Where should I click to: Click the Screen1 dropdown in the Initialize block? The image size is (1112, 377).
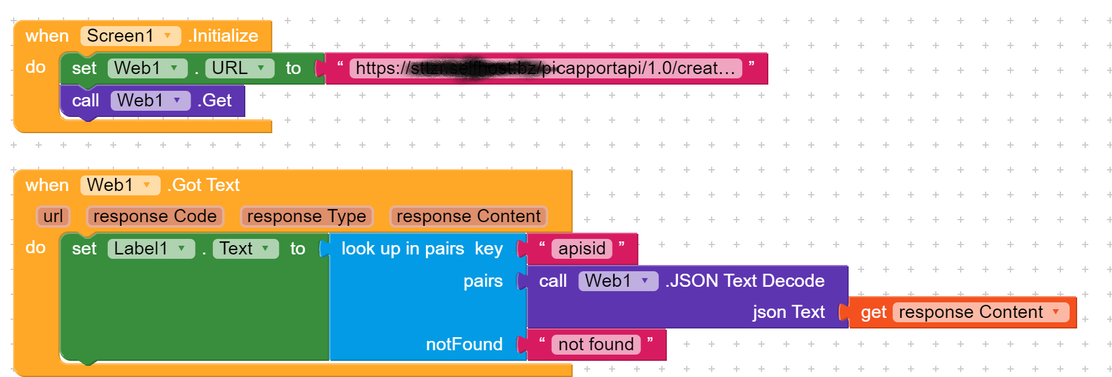[x=130, y=36]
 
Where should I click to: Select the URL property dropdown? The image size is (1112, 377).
[x=239, y=68]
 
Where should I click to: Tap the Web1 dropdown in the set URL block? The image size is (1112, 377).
[x=147, y=68]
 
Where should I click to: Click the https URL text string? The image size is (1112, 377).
[x=545, y=68]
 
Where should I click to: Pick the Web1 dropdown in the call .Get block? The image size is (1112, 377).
[x=150, y=101]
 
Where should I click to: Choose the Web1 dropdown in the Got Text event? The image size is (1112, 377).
[x=120, y=185]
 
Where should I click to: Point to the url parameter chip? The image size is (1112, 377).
[x=53, y=216]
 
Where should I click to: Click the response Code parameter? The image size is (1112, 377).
[x=155, y=216]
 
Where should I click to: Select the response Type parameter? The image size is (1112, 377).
[x=306, y=216]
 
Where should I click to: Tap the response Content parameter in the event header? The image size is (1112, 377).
[x=468, y=216]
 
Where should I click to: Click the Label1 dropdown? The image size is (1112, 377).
[x=151, y=249]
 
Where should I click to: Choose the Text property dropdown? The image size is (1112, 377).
[x=245, y=249]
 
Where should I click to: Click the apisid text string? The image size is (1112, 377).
[x=582, y=249]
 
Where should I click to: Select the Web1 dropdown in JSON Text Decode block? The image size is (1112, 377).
[x=618, y=281]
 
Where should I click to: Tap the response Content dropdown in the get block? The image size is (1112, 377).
[x=981, y=312]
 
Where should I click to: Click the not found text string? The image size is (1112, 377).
[x=596, y=345]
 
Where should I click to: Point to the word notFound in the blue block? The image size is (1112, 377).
[x=464, y=345]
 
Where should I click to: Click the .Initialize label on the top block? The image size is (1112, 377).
[x=224, y=36]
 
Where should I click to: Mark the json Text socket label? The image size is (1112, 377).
[x=788, y=312]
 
